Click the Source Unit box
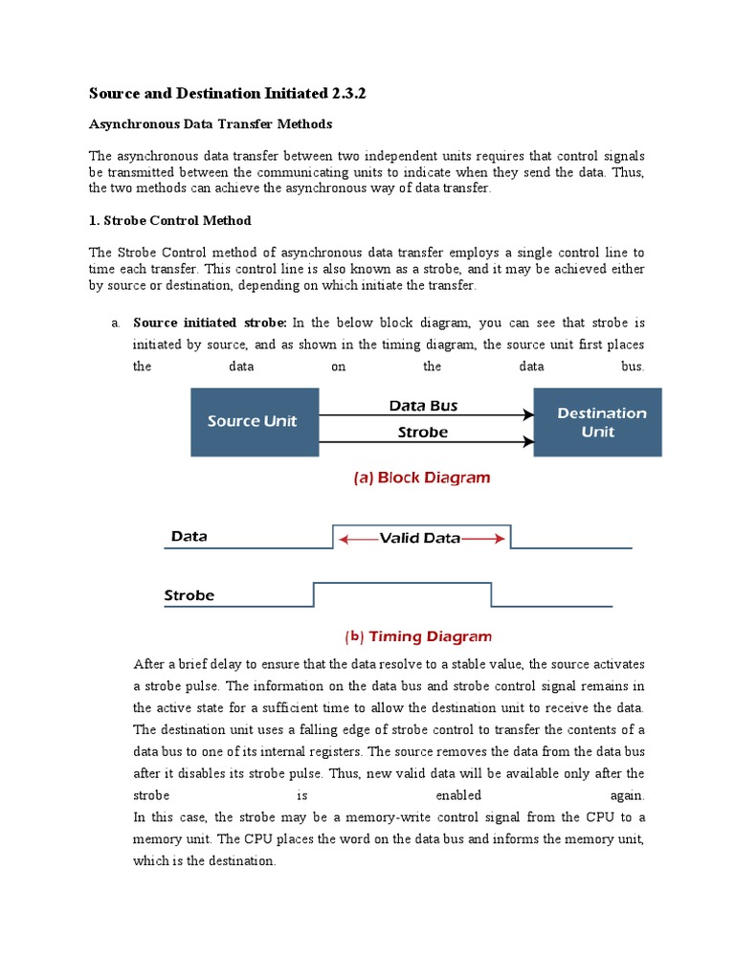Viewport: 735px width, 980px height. coord(255,422)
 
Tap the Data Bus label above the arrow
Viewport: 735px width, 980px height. coord(423,406)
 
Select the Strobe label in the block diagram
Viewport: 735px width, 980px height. coord(423,433)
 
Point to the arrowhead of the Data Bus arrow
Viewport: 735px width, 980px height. coord(527,415)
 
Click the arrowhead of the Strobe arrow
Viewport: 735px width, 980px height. coord(527,441)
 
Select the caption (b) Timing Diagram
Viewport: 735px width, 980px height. coord(418,635)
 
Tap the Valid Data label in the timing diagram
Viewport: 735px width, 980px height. coord(420,538)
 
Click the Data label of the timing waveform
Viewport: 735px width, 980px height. coord(189,537)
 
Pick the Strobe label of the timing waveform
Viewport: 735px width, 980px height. coord(189,595)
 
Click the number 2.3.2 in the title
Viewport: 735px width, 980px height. coord(350,93)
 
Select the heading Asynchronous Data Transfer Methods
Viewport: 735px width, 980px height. coord(211,124)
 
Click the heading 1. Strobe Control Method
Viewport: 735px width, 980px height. coord(170,220)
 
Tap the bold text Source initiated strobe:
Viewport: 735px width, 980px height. coord(210,323)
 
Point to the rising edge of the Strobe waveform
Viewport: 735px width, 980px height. coord(314,594)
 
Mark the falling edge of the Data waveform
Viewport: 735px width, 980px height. coord(510,537)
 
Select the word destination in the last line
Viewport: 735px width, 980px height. coord(237,861)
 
